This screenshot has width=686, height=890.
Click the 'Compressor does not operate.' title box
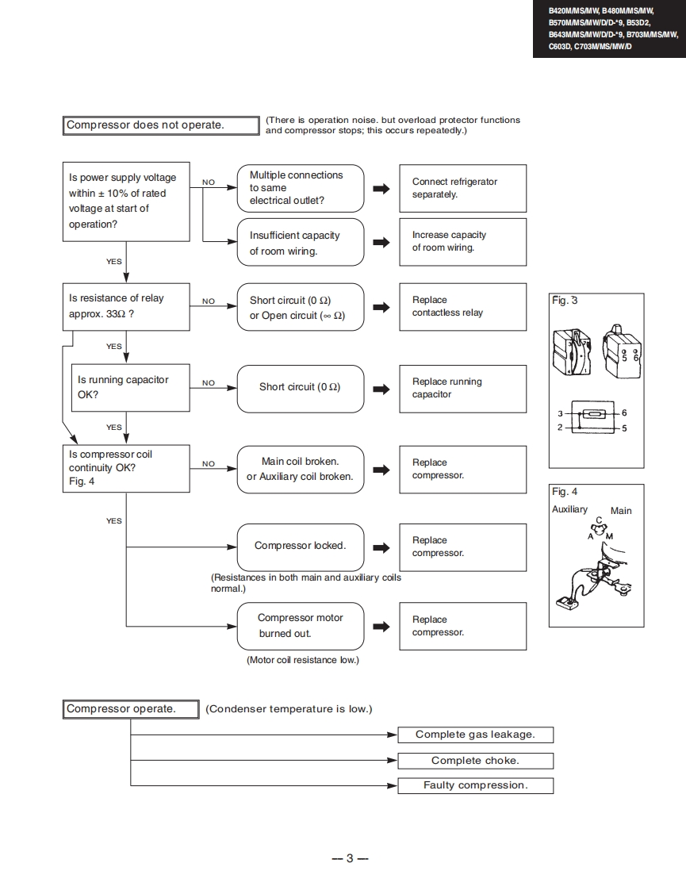(161, 125)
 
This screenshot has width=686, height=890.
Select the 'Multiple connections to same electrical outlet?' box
(301, 188)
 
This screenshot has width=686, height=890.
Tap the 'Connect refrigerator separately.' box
(462, 188)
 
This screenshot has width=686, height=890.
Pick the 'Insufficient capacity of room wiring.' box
(301, 243)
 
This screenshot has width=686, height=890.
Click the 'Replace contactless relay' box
(462, 307)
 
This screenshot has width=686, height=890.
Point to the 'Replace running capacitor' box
(462, 389)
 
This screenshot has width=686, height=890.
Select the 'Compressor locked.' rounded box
(301, 547)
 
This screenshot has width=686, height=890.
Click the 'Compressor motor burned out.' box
(301, 626)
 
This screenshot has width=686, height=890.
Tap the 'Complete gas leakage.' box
(475, 735)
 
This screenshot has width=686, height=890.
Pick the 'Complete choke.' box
(475, 761)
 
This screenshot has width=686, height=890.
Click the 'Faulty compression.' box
(475, 786)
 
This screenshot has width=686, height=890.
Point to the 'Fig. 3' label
(565, 301)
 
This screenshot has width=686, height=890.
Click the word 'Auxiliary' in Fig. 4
(569, 509)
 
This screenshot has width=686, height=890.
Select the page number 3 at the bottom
(349, 858)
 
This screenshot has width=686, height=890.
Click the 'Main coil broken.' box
(301, 469)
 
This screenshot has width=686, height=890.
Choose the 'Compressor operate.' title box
(131, 709)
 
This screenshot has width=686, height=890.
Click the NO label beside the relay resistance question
(209, 301)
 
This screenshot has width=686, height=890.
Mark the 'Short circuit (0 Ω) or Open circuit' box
(301, 308)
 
